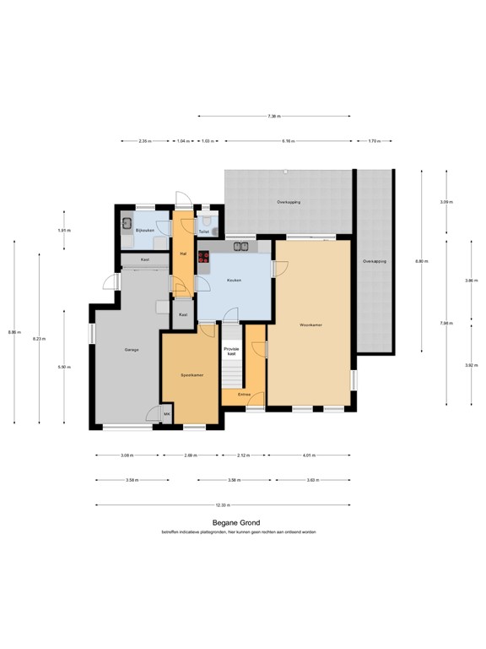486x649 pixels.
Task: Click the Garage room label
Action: [132, 349]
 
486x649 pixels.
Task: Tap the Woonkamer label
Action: [310, 324]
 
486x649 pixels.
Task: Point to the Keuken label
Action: [234, 280]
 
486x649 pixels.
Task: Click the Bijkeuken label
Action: [146, 229]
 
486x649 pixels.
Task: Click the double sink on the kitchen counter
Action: [241, 248]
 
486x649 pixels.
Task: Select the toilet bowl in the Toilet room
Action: [215, 229]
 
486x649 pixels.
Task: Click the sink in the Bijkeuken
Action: [127, 224]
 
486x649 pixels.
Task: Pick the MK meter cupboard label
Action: [167, 413]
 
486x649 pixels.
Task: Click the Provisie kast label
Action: [230, 351]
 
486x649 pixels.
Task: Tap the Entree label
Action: [243, 394]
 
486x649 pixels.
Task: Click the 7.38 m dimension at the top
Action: [273, 116]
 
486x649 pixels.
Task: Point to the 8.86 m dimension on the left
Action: [13, 331]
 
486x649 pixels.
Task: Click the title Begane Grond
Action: [242, 523]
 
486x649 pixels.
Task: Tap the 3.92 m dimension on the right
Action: [471, 365]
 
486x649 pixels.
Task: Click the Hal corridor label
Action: [182, 254]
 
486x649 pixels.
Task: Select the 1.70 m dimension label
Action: [374, 140]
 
